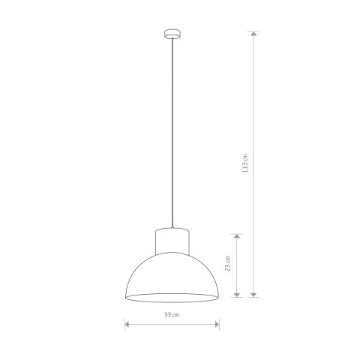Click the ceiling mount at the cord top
171,33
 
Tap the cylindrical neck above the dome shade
171,241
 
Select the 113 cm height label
244,164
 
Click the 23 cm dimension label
228,264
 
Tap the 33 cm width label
172,314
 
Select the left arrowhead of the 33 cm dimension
127,324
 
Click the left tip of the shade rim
124,296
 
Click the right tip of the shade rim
218,296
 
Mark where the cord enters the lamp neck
171,227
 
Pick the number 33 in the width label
168,314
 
